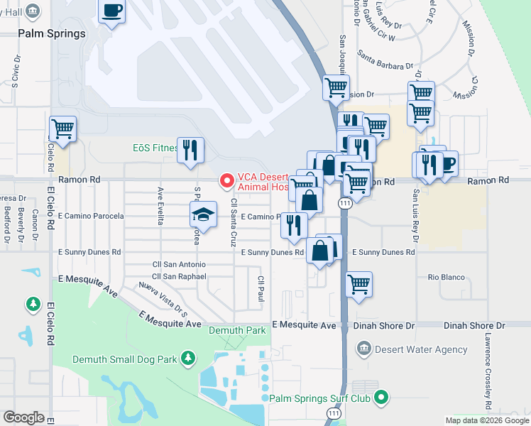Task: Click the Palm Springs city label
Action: pyautogui.click(x=52, y=33)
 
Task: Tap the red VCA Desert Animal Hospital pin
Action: pyautogui.click(x=227, y=182)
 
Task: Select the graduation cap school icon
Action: pyautogui.click(x=203, y=215)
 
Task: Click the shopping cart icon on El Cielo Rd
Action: pyautogui.click(x=63, y=129)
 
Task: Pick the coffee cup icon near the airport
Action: pyautogui.click(x=112, y=11)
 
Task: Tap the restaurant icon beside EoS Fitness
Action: pyautogui.click(x=190, y=150)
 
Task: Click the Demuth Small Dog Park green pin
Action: pyautogui.click(x=188, y=359)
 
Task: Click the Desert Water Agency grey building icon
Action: pyautogui.click(x=363, y=349)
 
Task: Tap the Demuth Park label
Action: pyautogui.click(x=237, y=330)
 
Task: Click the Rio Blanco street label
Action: pyautogui.click(x=446, y=277)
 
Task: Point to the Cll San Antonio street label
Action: pyautogui.click(x=179, y=264)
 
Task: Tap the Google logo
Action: pyautogui.click(x=24, y=417)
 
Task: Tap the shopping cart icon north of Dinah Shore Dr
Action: pyautogui.click(x=359, y=284)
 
